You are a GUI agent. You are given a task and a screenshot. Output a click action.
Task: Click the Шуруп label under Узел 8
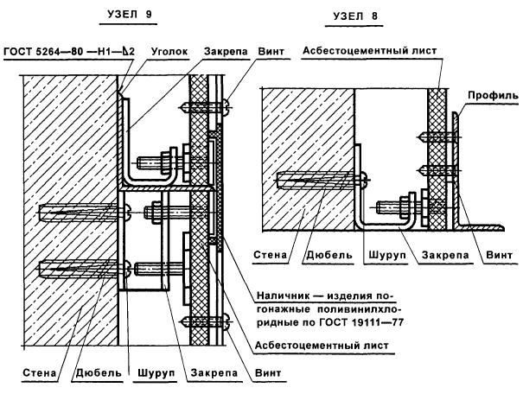376,255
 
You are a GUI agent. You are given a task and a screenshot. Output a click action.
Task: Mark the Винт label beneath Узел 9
267,374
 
